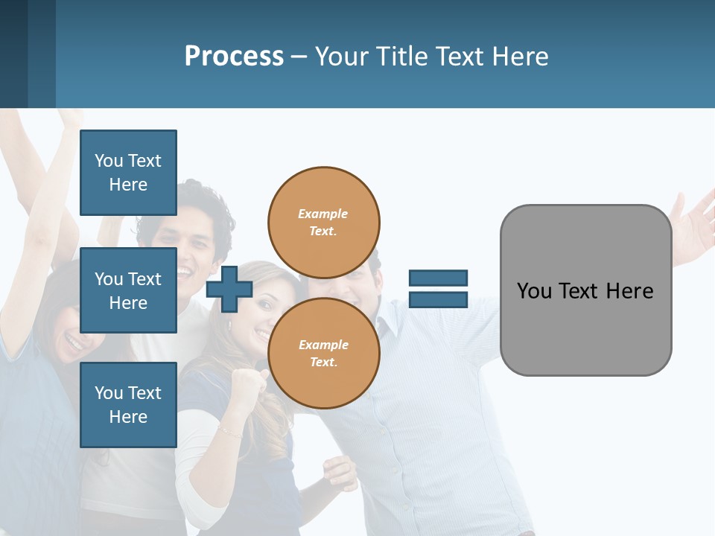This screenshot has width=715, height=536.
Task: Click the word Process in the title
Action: [234, 57]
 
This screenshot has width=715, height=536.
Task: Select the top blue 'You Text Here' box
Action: [128, 173]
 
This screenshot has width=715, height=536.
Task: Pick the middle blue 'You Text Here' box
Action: [128, 290]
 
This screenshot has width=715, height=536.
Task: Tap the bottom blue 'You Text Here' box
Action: [128, 404]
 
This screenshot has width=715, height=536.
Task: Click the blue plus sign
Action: [229, 289]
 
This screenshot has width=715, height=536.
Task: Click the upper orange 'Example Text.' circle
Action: [323, 222]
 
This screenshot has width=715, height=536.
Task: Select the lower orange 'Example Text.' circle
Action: [323, 353]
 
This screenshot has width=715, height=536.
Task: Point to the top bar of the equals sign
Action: [438, 278]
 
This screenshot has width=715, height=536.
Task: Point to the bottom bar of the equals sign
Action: [438, 300]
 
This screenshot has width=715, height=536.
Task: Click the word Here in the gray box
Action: [629, 291]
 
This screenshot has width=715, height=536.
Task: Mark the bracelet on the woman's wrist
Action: [230, 431]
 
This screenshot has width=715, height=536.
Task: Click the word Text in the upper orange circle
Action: [322, 231]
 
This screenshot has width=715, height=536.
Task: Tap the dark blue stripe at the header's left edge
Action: [13, 54]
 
